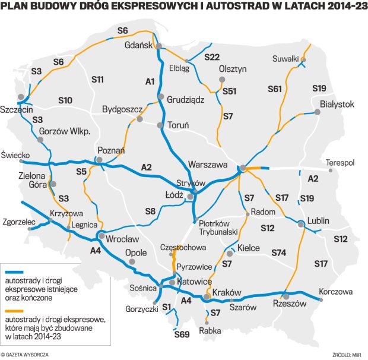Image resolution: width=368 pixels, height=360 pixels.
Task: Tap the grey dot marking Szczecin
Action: click(x=24, y=98)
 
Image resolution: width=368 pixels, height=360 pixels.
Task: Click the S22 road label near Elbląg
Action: click(x=212, y=58)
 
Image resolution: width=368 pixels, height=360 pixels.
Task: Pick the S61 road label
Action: click(x=274, y=89)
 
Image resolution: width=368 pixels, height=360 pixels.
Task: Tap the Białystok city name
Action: click(x=337, y=104)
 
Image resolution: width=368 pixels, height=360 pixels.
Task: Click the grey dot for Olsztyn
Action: click(x=223, y=79)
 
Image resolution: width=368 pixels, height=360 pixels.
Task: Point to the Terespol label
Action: click(x=341, y=162)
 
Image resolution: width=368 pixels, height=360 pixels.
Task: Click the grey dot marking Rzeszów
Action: click(x=285, y=295)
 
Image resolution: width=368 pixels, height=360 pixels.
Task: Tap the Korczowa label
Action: click(x=335, y=292)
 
